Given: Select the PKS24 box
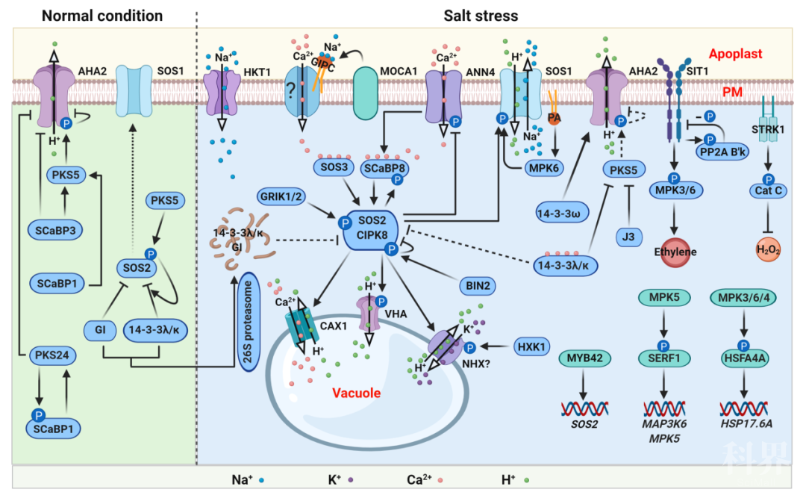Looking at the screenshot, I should click(51, 355).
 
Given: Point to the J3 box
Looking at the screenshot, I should click(630, 240).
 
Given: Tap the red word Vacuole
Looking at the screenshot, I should click(357, 392).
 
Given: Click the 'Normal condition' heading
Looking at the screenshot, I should click(101, 15).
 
